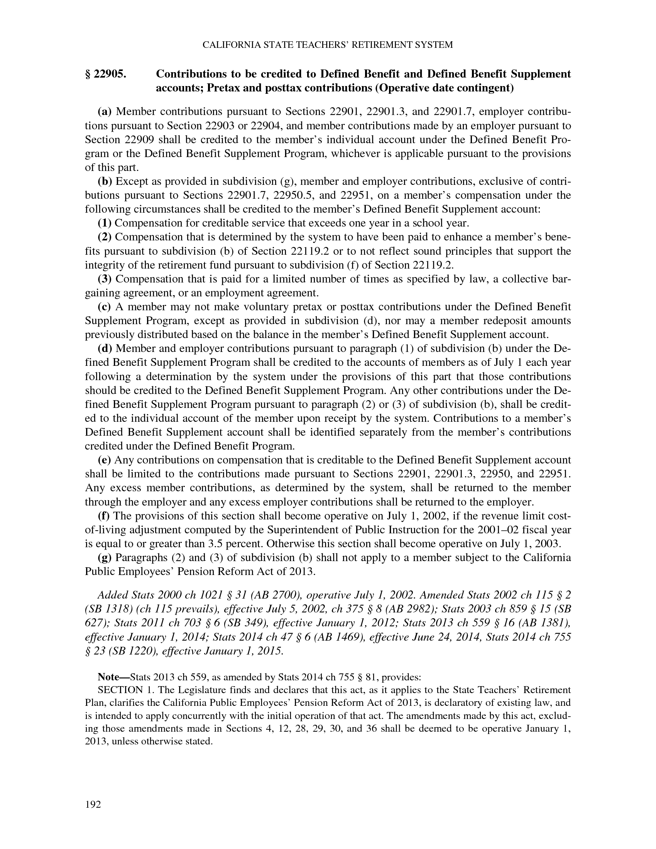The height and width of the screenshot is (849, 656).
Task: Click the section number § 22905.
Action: [x=106, y=74]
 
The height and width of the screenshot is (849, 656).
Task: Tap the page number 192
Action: [x=93, y=804]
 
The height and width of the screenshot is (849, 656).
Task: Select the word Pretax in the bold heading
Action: [x=225, y=88]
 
